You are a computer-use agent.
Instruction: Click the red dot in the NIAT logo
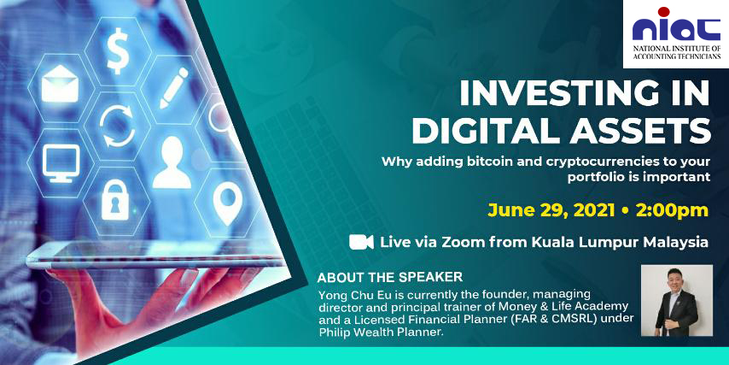click(663, 12)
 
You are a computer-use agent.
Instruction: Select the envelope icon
click(60, 83)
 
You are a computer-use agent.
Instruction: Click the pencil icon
click(174, 88)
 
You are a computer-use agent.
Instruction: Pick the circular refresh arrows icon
click(117, 125)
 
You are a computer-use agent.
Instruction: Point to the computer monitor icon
click(61, 163)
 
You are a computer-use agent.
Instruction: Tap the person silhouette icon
click(172, 162)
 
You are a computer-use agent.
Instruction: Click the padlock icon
click(115, 200)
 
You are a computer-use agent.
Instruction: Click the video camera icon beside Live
click(361, 242)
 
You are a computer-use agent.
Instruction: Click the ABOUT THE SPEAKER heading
click(389, 278)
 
